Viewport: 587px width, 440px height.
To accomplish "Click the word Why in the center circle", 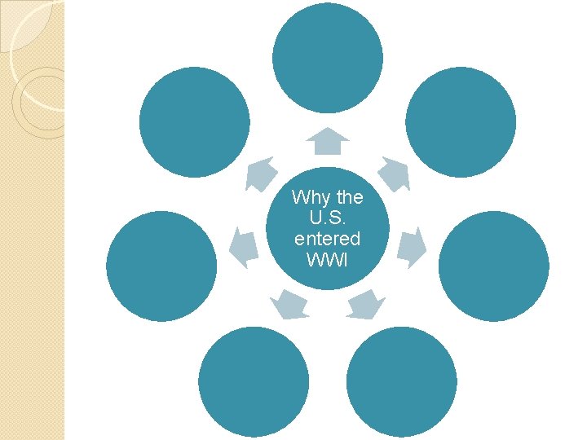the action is pyautogui.click(x=307, y=197).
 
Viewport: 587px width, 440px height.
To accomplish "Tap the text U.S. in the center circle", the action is pyautogui.click(x=327, y=218).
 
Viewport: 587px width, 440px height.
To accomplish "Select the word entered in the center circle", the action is pyautogui.click(x=327, y=240).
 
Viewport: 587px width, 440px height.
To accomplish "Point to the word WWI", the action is pyautogui.click(x=327, y=260).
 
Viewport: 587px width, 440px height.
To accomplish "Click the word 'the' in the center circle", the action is pyautogui.click(x=349, y=197).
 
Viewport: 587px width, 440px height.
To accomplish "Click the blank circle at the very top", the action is pyautogui.click(x=327, y=57).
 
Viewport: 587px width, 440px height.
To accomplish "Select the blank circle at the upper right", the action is pyautogui.click(x=461, y=121).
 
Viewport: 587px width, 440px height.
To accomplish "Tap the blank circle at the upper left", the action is pyautogui.click(x=194, y=121).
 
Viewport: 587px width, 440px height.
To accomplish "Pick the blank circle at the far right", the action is pyautogui.click(x=493, y=266).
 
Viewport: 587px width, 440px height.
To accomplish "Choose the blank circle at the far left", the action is pyautogui.click(x=161, y=266).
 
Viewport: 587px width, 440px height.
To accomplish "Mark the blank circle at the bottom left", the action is pyautogui.click(x=254, y=381).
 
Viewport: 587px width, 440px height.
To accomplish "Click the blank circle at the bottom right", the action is pyautogui.click(x=401, y=381).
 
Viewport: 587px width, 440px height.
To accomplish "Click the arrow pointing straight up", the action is pyautogui.click(x=327, y=142).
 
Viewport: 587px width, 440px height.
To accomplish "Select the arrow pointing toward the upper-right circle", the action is pyautogui.click(x=395, y=174).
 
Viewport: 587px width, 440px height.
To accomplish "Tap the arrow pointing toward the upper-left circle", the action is pyautogui.click(x=261, y=174).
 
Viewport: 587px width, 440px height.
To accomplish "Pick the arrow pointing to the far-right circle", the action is pyautogui.click(x=413, y=247).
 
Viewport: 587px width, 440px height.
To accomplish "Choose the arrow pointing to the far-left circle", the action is pyautogui.click(x=243, y=247).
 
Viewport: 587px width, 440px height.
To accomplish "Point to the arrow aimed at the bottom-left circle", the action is pyautogui.click(x=289, y=304).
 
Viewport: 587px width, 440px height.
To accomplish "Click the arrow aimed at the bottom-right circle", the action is pyautogui.click(x=365, y=304).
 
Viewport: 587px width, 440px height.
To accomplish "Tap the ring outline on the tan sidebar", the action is pyautogui.click(x=39, y=102).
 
